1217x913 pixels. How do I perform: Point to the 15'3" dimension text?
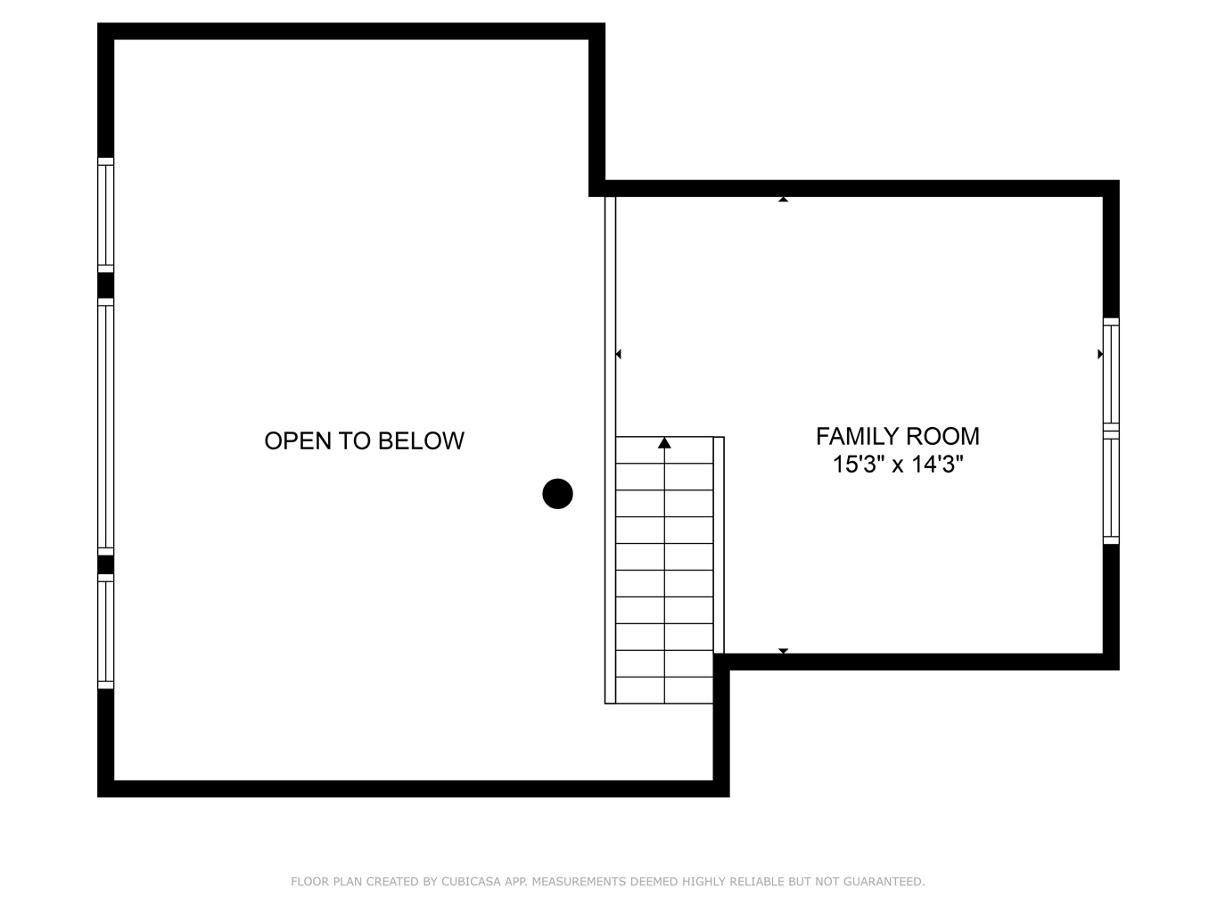tap(859, 465)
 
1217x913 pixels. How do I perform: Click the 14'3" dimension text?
tap(938, 465)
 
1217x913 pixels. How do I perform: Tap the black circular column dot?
tap(557, 493)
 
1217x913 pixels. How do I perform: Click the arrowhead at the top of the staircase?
tap(664, 442)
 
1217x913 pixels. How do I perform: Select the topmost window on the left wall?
tap(106, 215)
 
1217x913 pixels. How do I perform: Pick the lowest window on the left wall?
tap(106, 631)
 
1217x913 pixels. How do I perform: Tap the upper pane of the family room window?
tap(1111, 374)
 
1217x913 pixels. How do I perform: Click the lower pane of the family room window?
tap(1111, 488)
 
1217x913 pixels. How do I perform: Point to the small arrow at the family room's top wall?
tap(783, 199)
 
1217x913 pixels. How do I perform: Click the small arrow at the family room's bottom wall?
tap(783, 651)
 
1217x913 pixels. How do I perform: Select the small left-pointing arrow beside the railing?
tap(619, 354)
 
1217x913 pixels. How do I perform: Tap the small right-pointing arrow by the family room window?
tap(1100, 354)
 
